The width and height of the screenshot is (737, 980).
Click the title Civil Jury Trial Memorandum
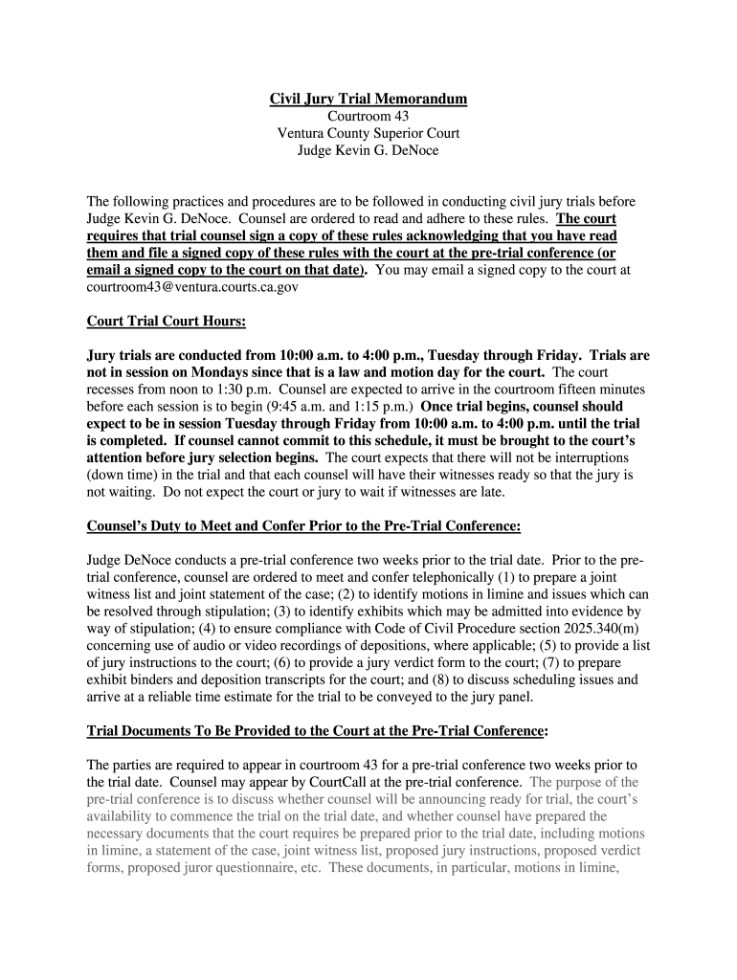coord(368,99)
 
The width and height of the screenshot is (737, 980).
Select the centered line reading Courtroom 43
coord(368,116)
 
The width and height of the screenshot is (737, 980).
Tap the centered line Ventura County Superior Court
coord(368,133)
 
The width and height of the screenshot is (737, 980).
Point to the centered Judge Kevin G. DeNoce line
coord(368,150)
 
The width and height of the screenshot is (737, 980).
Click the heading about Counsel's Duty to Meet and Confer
coord(304,525)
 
